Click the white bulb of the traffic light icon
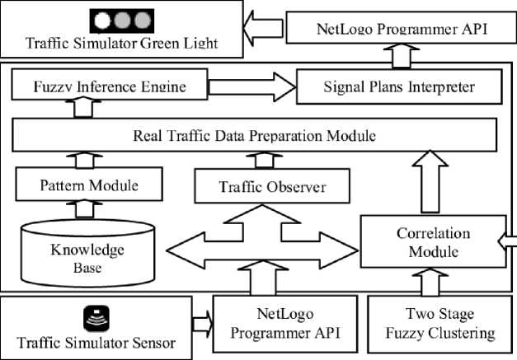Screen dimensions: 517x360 102,21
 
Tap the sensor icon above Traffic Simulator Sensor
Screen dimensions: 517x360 96,318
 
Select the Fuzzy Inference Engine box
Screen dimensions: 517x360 110,84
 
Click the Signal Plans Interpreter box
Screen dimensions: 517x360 399,87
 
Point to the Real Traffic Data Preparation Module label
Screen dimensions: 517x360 254,136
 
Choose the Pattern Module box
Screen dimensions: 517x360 89,184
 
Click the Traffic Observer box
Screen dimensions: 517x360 272,186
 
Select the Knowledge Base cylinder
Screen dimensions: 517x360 87,253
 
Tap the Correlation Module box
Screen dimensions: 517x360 433,241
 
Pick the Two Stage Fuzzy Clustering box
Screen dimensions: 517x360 439,324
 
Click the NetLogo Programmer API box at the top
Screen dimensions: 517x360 402,28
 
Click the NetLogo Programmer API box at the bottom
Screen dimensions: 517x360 285,324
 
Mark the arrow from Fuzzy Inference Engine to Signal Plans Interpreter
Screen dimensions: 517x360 252,87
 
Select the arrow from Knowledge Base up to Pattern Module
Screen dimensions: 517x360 84,209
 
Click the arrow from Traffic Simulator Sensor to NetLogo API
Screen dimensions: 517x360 203,324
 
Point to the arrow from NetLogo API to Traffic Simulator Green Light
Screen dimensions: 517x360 263,28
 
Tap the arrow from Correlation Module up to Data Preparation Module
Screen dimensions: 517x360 430,181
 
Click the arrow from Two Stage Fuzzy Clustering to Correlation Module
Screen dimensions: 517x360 430,282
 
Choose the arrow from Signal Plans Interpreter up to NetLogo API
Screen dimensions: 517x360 402,56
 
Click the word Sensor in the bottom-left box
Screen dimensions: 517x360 153,343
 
